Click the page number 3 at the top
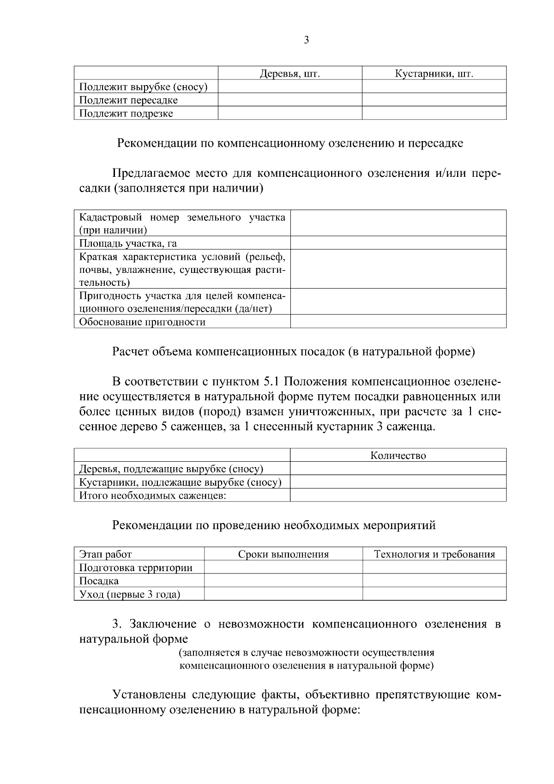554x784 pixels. [x=307, y=41]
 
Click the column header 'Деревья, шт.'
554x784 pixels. [x=290, y=73]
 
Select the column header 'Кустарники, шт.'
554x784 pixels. [x=434, y=73]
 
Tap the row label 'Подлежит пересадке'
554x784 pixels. [x=128, y=100]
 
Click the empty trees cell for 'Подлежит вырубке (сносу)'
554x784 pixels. [x=290, y=87]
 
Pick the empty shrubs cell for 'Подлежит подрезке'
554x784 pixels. [x=434, y=114]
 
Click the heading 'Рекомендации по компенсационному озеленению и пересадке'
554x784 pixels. [x=290, y=143]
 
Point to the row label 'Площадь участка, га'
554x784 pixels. [x=128, y=243]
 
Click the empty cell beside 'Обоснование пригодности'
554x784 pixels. [x=398, y=322]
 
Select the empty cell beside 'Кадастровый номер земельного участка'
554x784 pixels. [x=398, y=223]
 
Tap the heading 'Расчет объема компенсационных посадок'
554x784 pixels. [x=294, y=352]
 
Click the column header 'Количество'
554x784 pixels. [x=398, y=456]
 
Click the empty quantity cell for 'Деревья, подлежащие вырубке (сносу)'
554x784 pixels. [x=398, y=469]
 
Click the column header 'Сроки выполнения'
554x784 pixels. [x=283, y=555]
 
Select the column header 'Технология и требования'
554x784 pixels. [x=434, y=555]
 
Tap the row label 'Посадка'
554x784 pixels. [x=99, y=581]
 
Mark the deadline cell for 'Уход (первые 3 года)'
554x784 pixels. [x=283, y=594]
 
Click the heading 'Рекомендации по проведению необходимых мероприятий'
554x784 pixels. [x=274, y=525]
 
